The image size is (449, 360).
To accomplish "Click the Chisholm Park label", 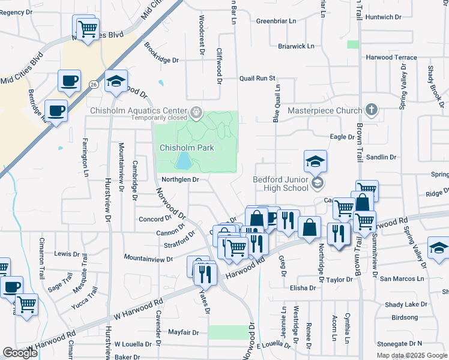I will click(x=187, y=148).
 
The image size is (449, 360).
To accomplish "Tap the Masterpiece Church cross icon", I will click(x=372, y=110).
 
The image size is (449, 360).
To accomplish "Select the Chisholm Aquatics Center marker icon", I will click(x=196, y=112).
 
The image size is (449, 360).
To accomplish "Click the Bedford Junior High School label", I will click(x=280, y=184).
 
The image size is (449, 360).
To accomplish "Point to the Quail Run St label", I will click(x=257, y=79).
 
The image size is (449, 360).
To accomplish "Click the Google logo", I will click(x=20, y=353).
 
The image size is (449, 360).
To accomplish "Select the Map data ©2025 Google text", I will click(x=411, y=355).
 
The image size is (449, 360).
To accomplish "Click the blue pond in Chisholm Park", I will click(x=184, y=160).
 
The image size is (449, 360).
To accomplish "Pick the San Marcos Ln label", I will click(x=402, y=279).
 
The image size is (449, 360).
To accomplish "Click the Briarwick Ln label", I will click(x=296, y=46).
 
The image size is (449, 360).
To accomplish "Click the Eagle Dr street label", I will click(x=342, y=137).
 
